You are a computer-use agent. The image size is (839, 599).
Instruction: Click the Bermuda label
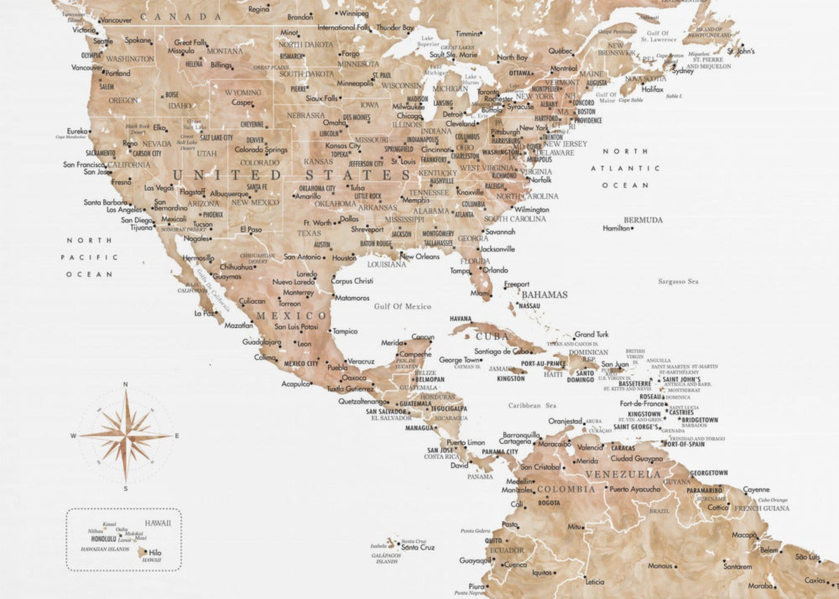[643, 220]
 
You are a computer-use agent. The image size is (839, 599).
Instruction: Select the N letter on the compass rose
[125, 384]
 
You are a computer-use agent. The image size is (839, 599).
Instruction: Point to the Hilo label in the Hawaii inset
[155, 552]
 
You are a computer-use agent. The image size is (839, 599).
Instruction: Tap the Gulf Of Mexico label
[402, 306]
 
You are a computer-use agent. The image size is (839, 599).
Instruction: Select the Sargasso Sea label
[678, 281]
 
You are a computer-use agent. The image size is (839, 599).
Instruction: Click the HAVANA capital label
[461, 318]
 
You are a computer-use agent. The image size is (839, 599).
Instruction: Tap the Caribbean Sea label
[532, 405]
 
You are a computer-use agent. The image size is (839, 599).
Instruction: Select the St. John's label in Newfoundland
[740, 51]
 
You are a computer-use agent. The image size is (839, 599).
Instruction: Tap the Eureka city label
[77, 131]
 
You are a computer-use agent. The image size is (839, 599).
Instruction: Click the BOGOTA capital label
[549, 503]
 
